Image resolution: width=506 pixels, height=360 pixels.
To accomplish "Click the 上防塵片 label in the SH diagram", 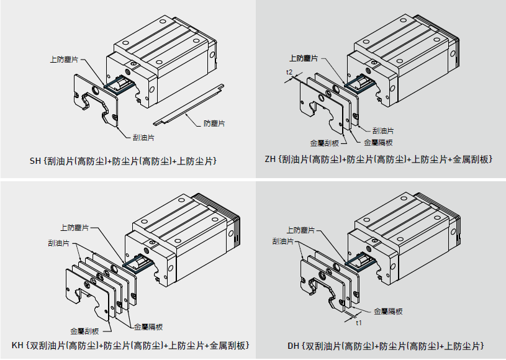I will click(64, 60).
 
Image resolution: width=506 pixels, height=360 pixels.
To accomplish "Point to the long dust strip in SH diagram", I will click(186, 102).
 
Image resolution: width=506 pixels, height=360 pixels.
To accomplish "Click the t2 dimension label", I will click(289, 73).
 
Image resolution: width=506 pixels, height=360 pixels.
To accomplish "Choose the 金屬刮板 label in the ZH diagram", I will click(324, 142).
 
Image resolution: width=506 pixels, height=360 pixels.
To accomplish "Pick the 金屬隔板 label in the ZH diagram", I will click(378, 142).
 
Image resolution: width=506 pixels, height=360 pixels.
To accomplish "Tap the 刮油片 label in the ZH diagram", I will click(382, 130).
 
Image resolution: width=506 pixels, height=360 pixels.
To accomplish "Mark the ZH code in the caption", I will click(269, 160).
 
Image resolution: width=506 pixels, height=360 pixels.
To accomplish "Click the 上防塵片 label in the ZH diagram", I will click(304, 58).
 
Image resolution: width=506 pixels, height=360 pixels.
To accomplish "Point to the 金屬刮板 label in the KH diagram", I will click(84, 331).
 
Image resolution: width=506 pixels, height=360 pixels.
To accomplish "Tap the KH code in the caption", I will click(18, 345).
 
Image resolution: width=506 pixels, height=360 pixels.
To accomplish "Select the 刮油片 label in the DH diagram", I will click(284, 240).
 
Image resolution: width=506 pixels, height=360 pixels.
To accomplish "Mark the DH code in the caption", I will click(293, 345).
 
